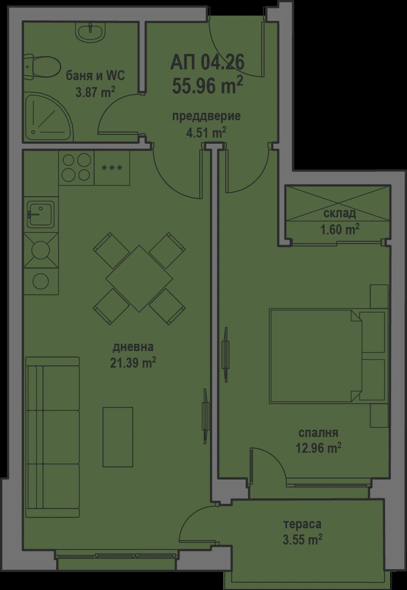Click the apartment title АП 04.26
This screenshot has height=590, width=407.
point(207,62)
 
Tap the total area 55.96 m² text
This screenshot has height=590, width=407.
point(207,85)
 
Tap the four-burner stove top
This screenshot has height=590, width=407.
point(76,168)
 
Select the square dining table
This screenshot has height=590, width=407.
point(139,279)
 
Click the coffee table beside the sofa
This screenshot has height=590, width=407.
point(117,437)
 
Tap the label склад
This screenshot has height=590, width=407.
point(339,213)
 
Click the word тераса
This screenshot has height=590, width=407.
point(302,524)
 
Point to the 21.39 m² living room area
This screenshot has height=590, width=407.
point(133,363)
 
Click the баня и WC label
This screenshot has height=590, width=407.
point(95,76)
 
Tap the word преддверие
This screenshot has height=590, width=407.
point(206,116)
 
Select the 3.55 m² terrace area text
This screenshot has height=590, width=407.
point(302,540)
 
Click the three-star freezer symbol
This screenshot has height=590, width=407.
point(112,168)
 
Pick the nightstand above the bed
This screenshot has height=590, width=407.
point(379,296)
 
